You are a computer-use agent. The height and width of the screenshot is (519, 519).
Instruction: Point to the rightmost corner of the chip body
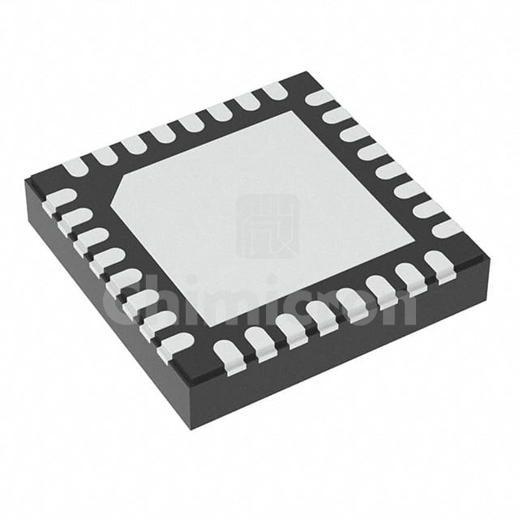click(491, 258)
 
